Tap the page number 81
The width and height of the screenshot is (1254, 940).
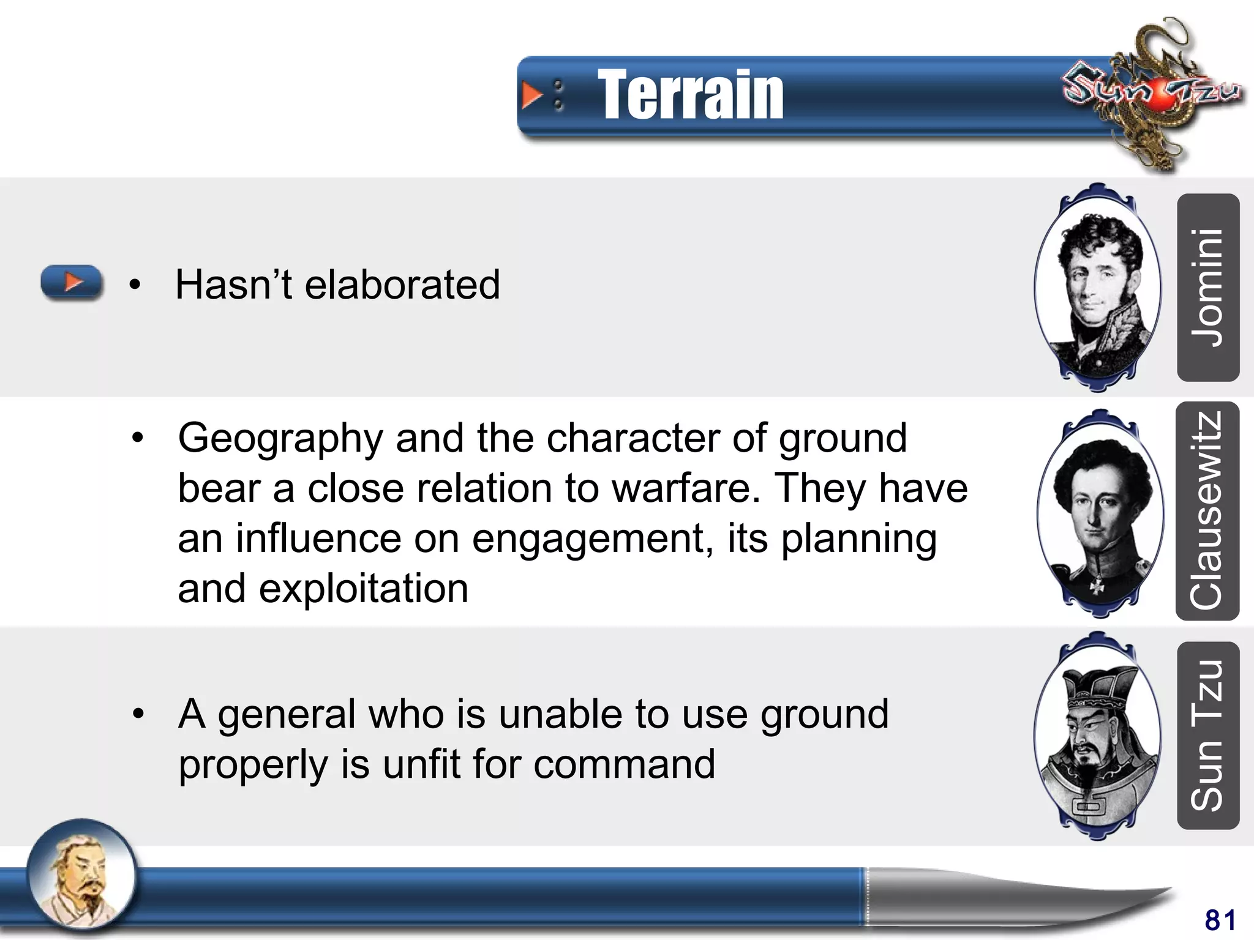1220,920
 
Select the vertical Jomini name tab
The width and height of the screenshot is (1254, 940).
1207,288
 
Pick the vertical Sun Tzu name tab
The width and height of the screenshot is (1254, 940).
1207,735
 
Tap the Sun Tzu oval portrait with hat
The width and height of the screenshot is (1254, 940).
1097,736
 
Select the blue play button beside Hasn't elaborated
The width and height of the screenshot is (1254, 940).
72,283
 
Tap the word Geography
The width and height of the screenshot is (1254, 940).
280,439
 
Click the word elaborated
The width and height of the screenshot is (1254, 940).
402,285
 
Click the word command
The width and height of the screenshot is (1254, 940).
624,765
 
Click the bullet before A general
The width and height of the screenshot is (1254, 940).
138,714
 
